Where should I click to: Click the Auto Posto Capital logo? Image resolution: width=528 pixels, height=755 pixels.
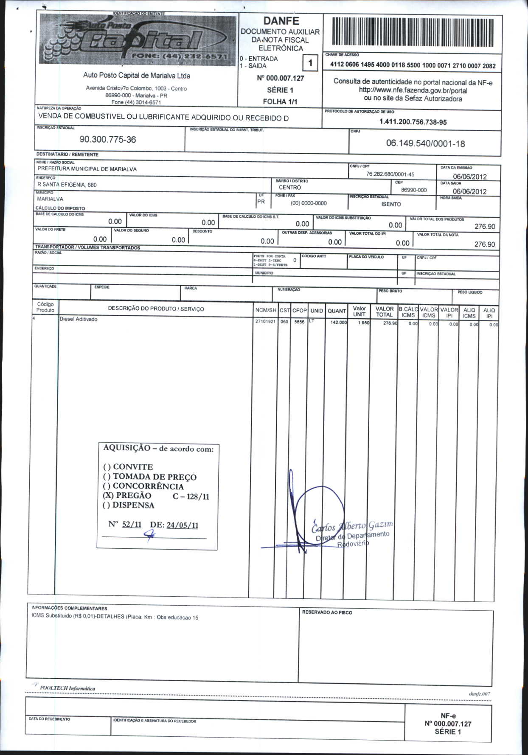138,39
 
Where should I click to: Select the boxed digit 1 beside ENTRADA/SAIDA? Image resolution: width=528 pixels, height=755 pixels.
310,63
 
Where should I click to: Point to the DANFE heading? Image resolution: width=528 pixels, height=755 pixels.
281,21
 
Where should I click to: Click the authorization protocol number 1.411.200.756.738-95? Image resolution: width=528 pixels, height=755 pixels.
413,122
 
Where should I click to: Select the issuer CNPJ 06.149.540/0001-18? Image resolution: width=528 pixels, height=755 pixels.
425,143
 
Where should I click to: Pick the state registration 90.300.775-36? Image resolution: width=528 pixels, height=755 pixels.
108,140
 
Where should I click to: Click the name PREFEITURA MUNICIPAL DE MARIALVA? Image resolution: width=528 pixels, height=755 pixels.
87,169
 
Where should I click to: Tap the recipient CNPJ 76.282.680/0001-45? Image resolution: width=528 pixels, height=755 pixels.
390,174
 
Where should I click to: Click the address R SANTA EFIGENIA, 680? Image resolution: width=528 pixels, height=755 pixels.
67,185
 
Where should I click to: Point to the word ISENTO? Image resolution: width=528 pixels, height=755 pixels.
391,204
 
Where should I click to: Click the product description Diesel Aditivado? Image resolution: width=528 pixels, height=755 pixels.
79,319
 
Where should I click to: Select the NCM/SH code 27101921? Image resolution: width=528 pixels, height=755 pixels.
265,322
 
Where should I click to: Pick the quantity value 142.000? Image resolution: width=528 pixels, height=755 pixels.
338,323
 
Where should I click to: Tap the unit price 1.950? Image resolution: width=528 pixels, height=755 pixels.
363,323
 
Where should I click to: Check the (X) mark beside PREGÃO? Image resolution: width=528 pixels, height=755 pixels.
108,496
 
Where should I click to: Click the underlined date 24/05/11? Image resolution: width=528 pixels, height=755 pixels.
182,525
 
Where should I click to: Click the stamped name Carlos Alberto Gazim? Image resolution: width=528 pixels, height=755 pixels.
352,526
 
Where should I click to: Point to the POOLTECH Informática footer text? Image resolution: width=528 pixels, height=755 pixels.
67,688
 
